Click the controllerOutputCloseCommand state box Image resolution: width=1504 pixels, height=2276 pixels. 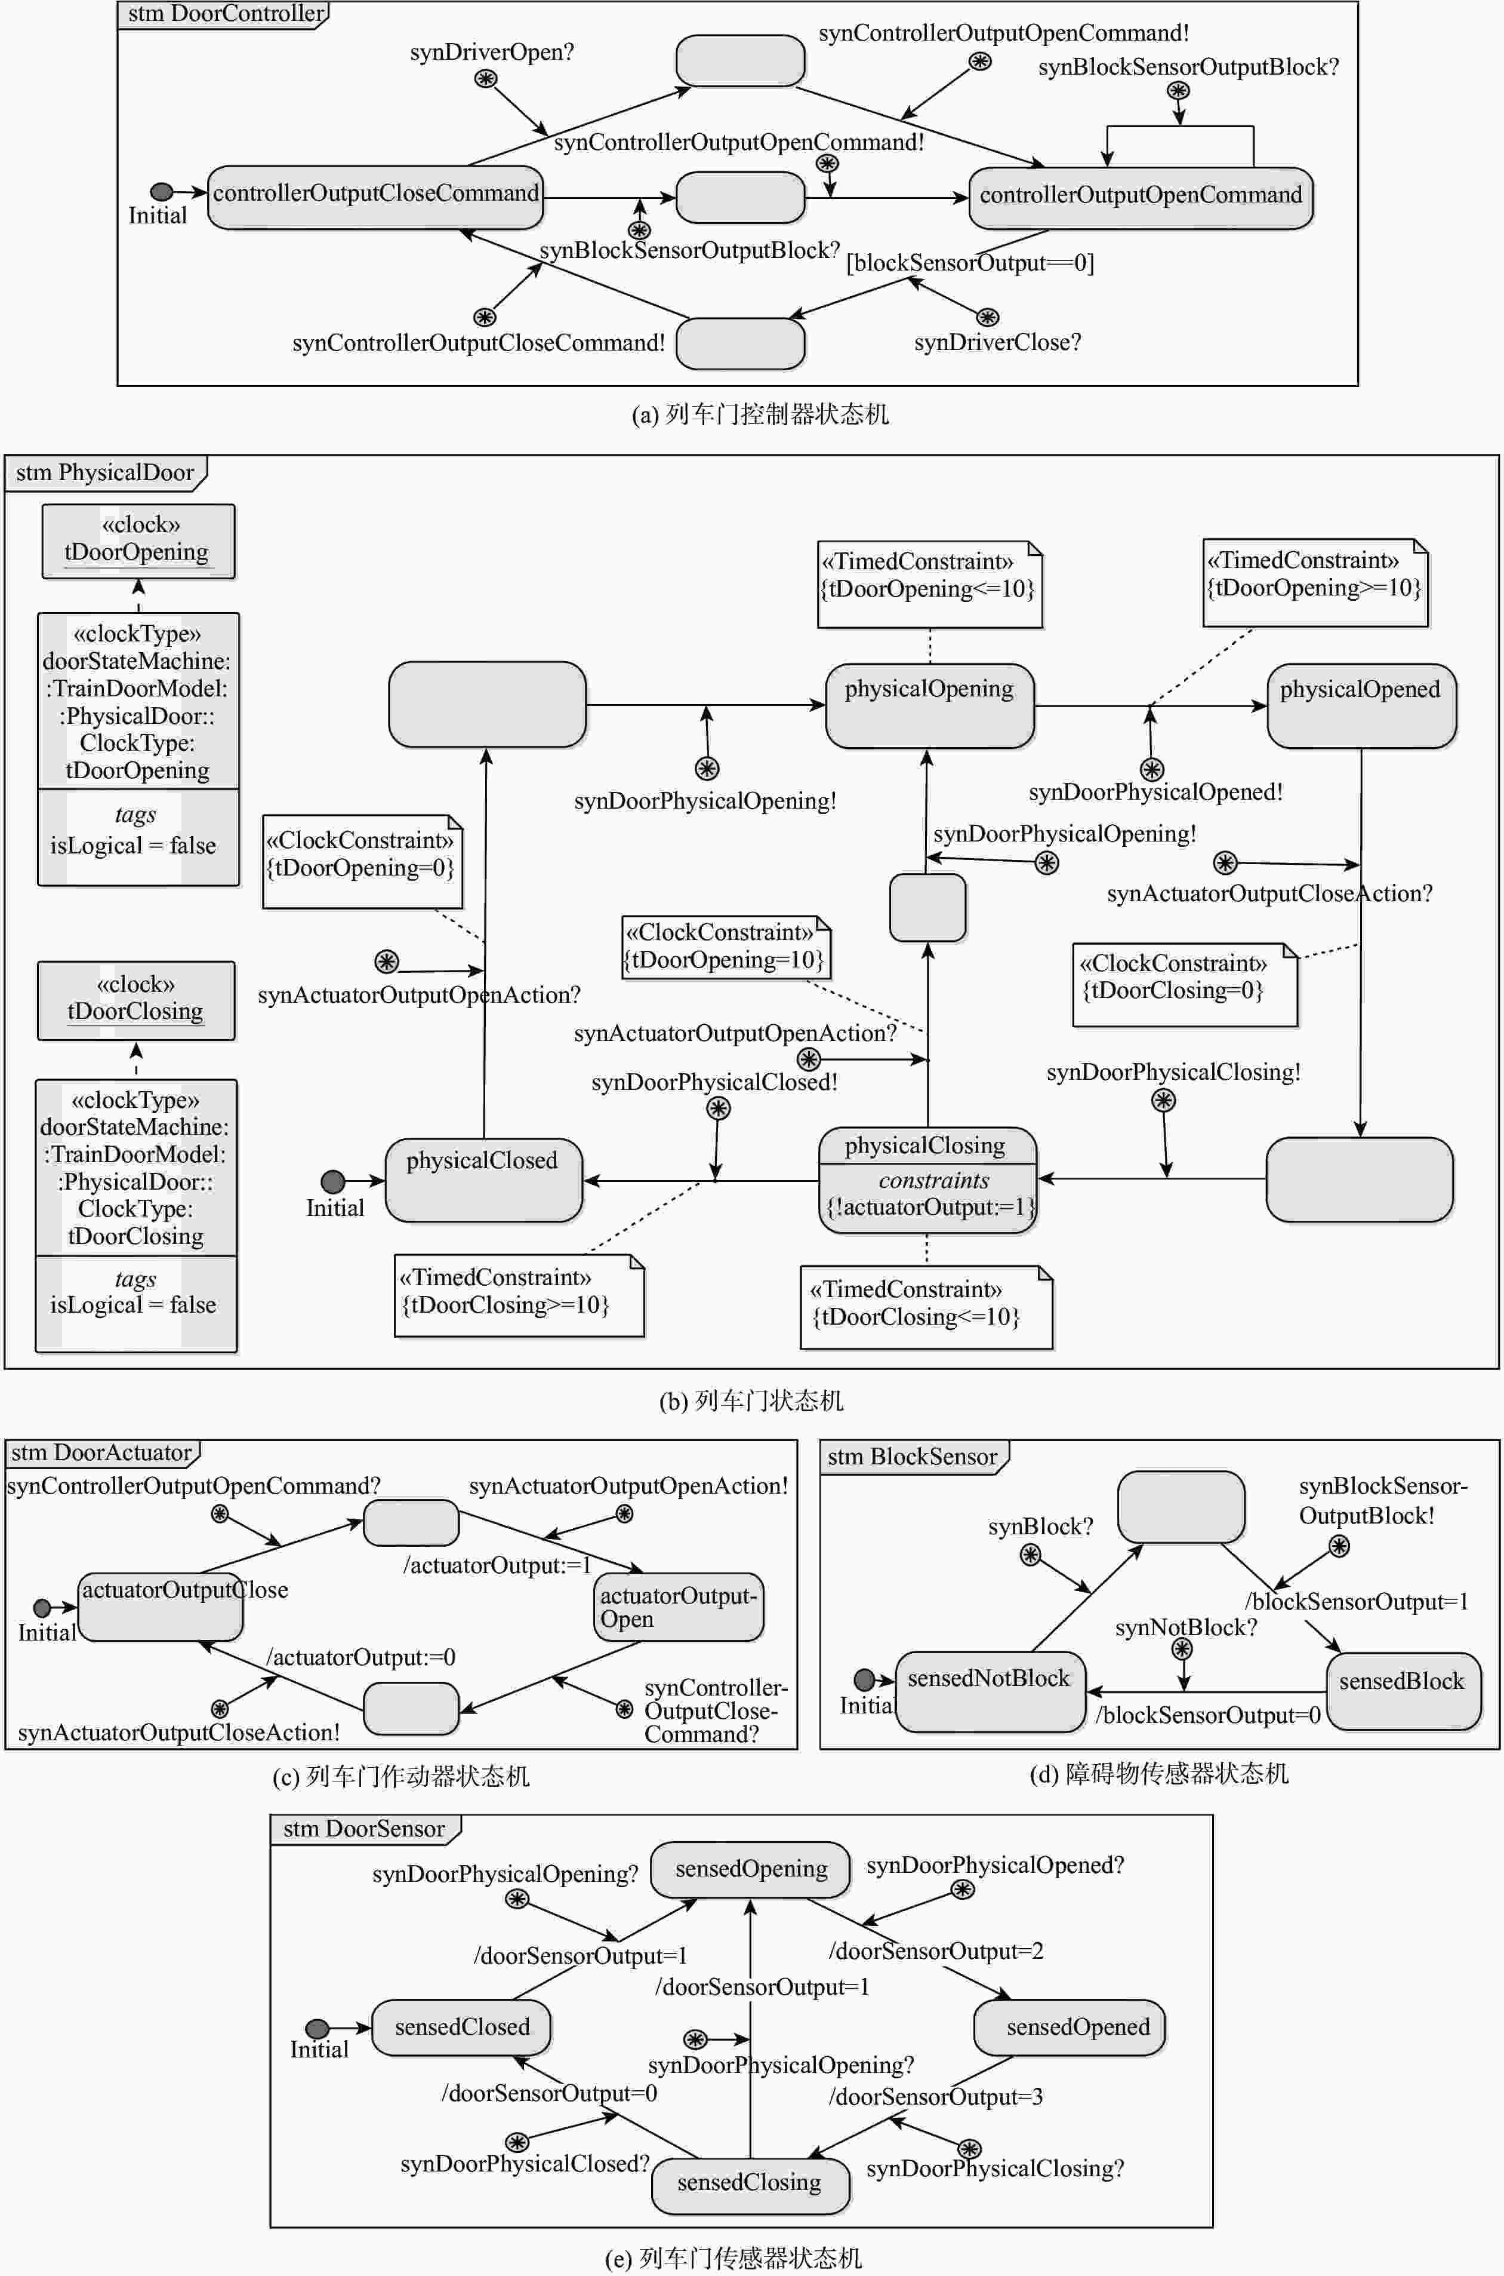pos(375,198)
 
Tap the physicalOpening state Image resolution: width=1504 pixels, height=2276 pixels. pos(929,705)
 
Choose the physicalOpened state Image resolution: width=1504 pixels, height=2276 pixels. pos(1360,705)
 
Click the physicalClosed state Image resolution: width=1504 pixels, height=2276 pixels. pos(482,1180)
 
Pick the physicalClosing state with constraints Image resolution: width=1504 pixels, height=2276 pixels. pos(926,1180)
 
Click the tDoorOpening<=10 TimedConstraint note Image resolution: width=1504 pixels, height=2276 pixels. pos(929,583)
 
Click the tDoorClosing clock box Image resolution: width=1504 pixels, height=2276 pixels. pos(135,1000)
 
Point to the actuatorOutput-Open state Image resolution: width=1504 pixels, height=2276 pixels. pos(678,1607)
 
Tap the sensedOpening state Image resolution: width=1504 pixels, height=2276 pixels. pos(750,1869)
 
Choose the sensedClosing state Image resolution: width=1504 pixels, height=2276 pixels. pos(749,2185)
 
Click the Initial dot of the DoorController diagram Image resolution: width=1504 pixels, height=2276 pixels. pos(161,192)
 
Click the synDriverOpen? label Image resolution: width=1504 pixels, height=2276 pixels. pos(491,52)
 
